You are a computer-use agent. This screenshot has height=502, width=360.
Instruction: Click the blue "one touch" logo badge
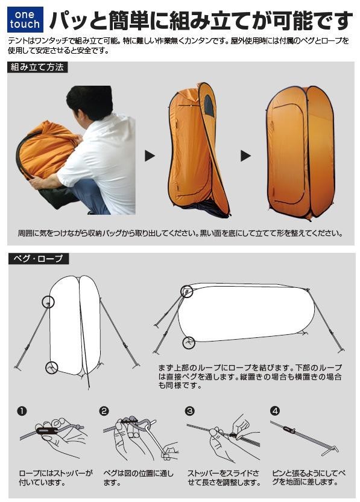pos(25,19)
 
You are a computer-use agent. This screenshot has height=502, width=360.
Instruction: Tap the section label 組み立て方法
pos(37,67)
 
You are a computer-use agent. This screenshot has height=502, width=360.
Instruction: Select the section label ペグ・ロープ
pos(38,258)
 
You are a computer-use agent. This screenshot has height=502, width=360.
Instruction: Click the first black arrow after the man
pos(150,156)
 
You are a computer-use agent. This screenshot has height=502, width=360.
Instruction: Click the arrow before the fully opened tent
pos(245,156)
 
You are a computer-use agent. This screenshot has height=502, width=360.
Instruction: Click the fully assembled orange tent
pos(301,152)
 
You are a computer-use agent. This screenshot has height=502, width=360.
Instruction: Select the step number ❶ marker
pos(22,411)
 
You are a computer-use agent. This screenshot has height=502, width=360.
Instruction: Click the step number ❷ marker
pos(104,411)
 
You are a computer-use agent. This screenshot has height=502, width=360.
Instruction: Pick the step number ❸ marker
pos(190,411)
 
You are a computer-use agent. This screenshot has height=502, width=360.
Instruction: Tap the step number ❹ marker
pos(275,411)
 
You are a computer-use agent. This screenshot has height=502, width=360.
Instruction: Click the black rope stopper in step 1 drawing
pos(47,430)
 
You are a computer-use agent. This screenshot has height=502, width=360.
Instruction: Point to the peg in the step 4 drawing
pos(330,449)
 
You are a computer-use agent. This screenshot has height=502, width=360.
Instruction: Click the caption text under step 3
pos(224,477)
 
